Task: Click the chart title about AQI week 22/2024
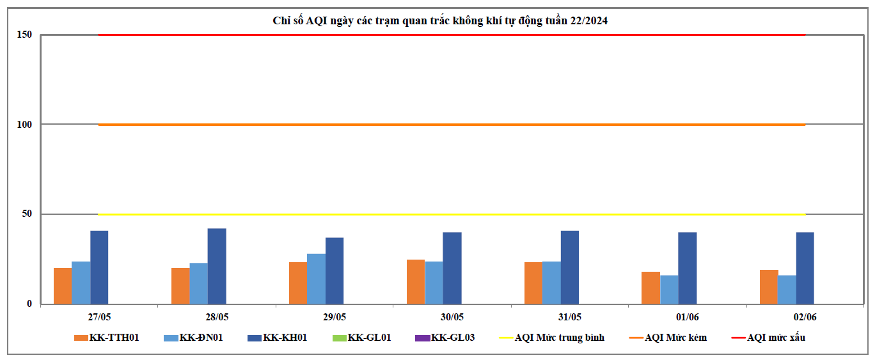pyautogui.click(x=440, y=20)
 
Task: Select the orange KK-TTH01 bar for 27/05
pyautogui.click(x=62, y=286)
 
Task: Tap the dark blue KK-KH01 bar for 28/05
pyautogui.click(x=217, y=266)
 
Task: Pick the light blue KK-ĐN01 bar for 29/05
pyautogui.click(x=316, y=279)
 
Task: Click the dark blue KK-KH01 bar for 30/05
pyautogui.click(x=452, y=268)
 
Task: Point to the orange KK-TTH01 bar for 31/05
pyautogui.click(x=533, y=283)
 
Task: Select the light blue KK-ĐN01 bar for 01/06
pyautogui.click(x=669, y=290)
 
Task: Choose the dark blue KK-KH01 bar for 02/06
pyautogui.click(x=805, y=268)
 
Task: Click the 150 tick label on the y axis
pyautogui.click(x=24, y=35)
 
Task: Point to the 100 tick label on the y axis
pyautogui.click(x=24, y=124)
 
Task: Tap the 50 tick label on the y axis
pyautogui.click(x=27, y=214)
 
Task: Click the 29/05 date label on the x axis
pyautogui.click(x=335, y=317)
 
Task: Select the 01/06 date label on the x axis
pyautogui.click(x=688, y=317)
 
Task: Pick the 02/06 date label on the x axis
pyautogui.click(x=805, y=317)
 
